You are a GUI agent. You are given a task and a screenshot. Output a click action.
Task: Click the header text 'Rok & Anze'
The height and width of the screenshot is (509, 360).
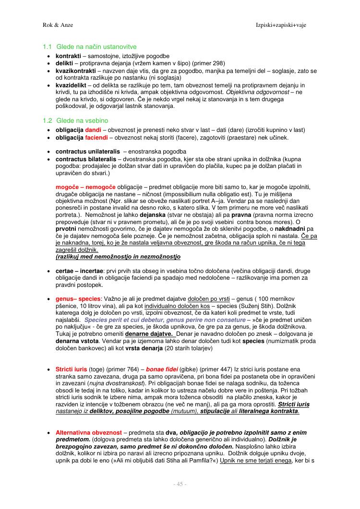tap(58, 24)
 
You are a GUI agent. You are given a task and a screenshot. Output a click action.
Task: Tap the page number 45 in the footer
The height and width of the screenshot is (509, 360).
tap(180, 484)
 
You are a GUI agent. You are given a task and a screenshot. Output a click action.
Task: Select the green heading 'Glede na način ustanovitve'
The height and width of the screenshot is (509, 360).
tap(96, 47)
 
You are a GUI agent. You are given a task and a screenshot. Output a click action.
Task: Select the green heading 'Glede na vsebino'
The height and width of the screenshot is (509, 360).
tap(82, 120)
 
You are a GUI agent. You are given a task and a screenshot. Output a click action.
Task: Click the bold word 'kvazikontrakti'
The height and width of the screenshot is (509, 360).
tap(76, 71)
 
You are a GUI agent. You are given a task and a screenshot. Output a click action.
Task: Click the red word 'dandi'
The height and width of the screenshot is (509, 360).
tap(93, 130)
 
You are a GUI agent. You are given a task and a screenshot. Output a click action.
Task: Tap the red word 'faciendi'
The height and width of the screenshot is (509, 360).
tap(96, 138)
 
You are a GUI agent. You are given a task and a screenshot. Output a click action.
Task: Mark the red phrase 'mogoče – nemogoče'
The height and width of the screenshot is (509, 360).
tap(85, 186)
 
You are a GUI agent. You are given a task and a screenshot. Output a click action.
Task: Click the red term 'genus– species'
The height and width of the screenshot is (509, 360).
tap(78, 299)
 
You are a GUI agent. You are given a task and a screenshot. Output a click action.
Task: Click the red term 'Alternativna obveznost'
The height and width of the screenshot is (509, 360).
tap(88, 432)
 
